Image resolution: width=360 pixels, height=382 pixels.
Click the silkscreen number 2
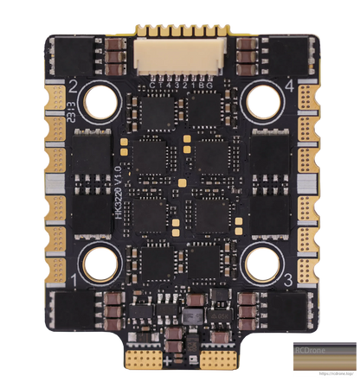pyautogui.click(x=75, y=86)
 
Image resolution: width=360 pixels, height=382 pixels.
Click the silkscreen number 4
pyautogui.click(x=286, y=86)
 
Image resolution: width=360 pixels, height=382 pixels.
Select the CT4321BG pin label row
pyautogui.click(x=179, y=85)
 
